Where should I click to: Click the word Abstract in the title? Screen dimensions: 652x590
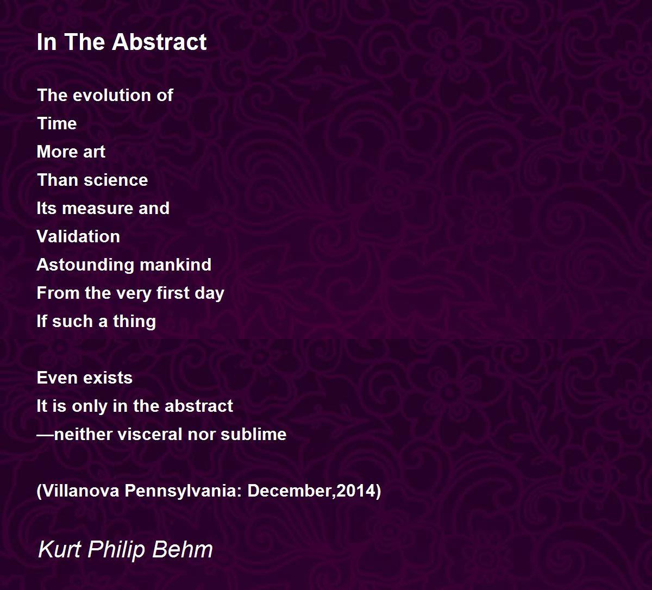pyautogui.click(x=159, y=42)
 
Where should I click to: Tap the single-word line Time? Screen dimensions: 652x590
pyautogui.click(x=57, y=123)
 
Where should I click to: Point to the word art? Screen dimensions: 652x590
pyautogui.click(x=94, y=152)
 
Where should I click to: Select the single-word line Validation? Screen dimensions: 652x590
pyautogui.click(x=78, y=236)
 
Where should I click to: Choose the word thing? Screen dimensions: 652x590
pyautogui.click(x=134, y=322)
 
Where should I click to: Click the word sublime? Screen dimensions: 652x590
pyautogui.click(x=254, y=434)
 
